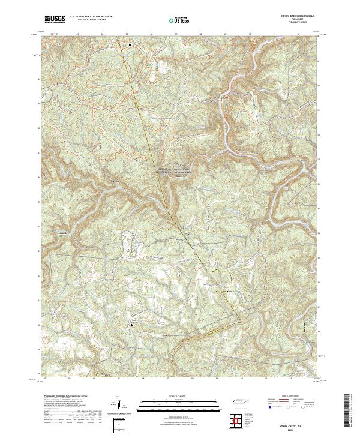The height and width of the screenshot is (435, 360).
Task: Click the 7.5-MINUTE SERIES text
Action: click(x=298, y=23)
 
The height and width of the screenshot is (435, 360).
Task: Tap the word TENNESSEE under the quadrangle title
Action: click(x=298, y=20)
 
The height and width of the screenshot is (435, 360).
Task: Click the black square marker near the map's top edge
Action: click(x=130, y=44)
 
